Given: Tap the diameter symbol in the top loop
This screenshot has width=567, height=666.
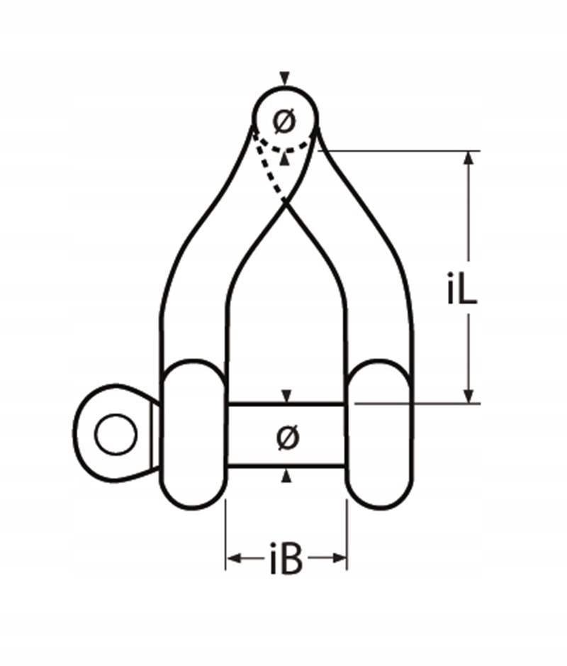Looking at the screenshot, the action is point(284,121).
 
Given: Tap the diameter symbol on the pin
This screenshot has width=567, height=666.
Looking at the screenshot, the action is point(287,437).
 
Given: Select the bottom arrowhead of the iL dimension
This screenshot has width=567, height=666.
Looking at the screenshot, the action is point(468,396).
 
